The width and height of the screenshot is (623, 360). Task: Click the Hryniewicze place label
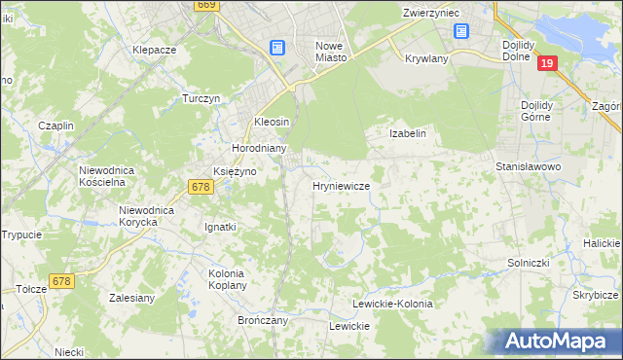340,186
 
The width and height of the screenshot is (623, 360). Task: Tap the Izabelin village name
408,133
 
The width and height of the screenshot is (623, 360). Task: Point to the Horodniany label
258,148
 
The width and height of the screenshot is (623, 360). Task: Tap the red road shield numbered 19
548,63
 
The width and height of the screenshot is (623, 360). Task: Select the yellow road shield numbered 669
205,5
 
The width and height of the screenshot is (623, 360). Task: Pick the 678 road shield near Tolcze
61,281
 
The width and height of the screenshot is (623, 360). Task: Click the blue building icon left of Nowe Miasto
277,47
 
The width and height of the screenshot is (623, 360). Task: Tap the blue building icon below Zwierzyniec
459,30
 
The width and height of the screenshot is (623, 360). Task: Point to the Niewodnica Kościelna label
112,176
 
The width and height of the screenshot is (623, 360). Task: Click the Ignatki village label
220,227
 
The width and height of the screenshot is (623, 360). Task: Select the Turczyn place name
202,99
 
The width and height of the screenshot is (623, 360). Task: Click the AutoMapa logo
558,341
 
